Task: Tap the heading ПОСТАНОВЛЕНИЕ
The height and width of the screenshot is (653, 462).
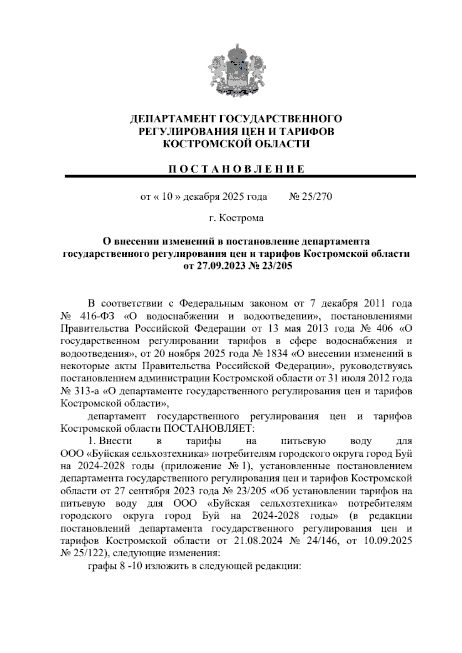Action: click(x=236, y=170)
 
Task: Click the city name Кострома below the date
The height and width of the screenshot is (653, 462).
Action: click(x=241, y=218)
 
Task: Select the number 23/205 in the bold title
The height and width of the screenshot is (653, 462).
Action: click(x=275, y=266)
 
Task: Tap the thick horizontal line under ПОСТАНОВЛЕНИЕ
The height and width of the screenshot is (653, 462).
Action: click(x=241, y=176)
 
